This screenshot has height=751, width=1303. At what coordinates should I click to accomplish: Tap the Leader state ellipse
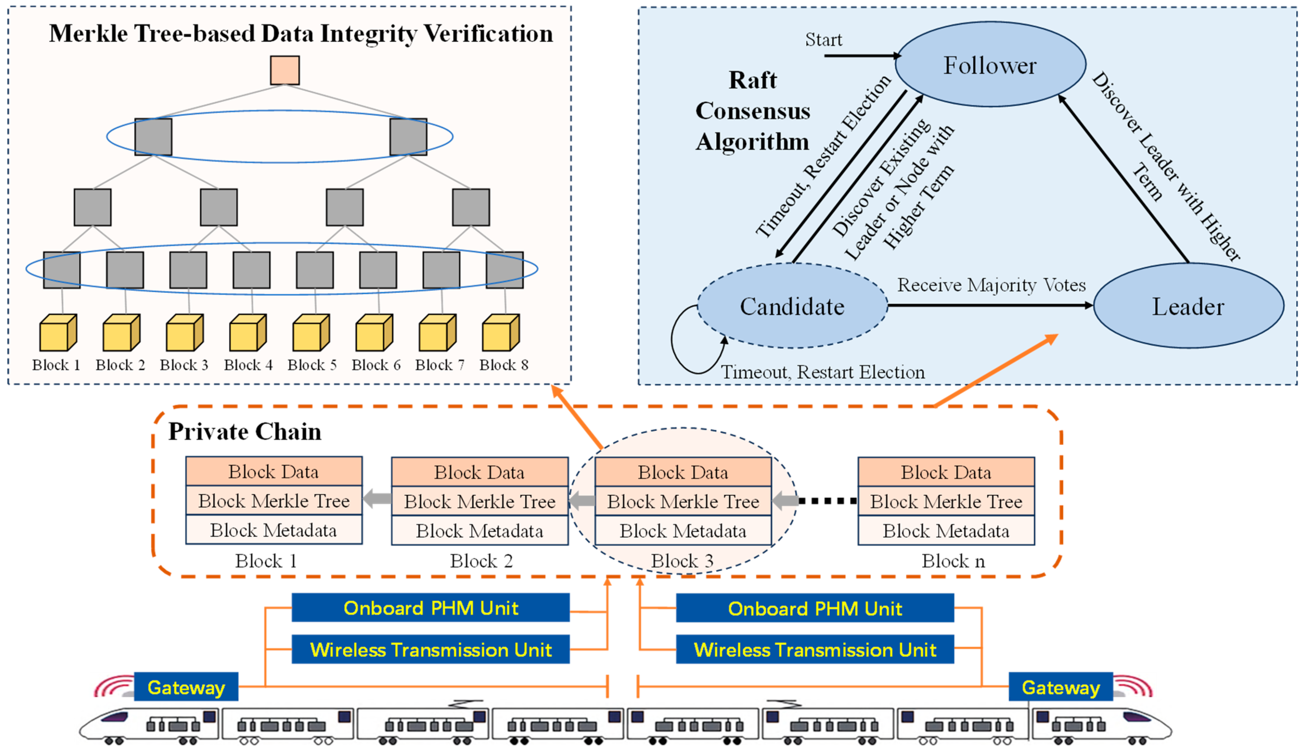(1188, 306)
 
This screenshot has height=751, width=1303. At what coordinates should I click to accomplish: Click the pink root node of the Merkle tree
(284, 70)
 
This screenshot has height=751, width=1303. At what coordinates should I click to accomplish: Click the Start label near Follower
(823, 40)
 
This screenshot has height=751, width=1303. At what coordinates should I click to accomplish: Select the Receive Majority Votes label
(991, 285)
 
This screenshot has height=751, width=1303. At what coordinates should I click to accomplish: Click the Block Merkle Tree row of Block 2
(480, 502)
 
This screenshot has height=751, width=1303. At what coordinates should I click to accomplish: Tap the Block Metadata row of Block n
(945, 531)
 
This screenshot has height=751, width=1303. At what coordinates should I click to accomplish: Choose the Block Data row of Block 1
(274, 471)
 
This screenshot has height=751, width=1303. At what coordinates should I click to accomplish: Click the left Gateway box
(186, 687)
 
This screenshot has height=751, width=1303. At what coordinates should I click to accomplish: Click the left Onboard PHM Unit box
(430, 608)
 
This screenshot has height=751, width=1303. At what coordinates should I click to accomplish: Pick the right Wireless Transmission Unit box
(814, 650)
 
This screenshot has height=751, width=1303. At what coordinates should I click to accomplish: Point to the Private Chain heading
(245, 431)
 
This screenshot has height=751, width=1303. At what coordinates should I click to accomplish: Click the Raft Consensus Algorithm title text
(752, 111)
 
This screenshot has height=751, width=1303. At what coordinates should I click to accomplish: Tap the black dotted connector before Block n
(827, 501)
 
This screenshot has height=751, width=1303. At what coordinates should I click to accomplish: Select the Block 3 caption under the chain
(682, 561)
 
